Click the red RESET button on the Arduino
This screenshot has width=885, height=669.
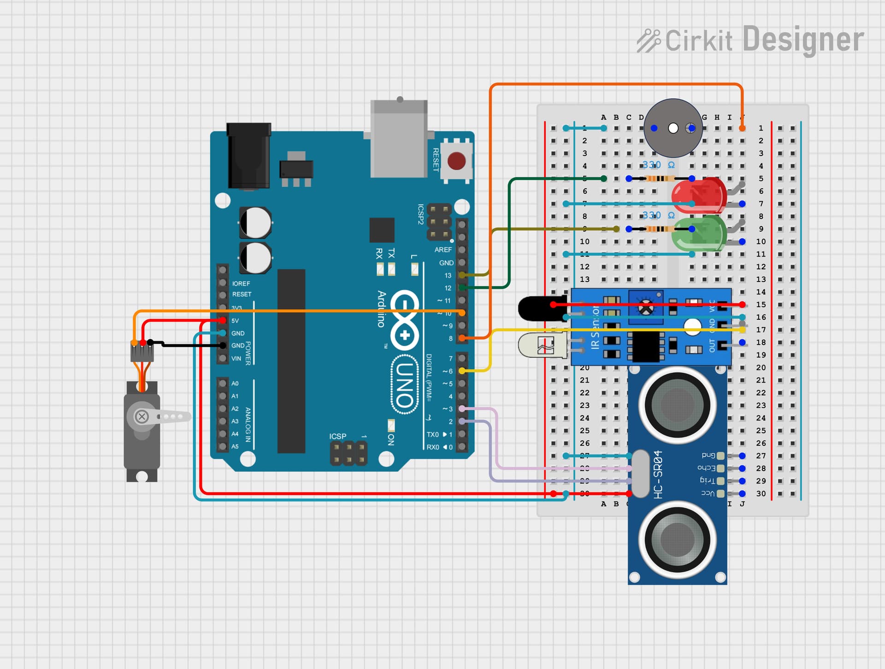(456, 161)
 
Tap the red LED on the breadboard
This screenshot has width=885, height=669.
(698, 194)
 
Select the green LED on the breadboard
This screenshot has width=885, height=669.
(698, 233)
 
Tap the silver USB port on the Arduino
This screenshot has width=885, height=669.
(399, 138)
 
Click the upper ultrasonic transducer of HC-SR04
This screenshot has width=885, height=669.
(677, 405)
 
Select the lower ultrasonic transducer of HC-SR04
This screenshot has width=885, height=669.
(677, 539)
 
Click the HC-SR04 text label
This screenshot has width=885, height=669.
(658, 474)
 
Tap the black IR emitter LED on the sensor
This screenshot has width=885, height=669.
(539, 308)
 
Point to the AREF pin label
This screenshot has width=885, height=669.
(443, 250)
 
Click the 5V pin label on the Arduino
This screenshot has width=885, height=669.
(235, 321)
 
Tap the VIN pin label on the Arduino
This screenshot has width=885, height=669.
(236, 358)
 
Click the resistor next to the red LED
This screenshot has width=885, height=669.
(660, 179)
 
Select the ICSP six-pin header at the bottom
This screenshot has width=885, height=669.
(349, 453)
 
